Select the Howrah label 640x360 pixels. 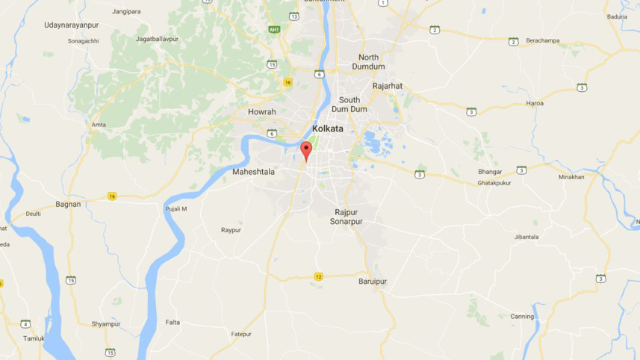point(262,112)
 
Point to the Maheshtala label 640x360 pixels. point(253,172)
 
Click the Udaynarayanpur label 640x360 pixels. point(72,25)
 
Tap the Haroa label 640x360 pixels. point(535,102)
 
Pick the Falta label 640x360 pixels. point(173,322)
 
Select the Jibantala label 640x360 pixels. point(526,237)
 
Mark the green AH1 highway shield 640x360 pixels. point(274,30)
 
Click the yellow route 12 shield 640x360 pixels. point(319,276)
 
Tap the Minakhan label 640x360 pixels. point(571,177)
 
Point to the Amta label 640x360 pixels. point(98,125)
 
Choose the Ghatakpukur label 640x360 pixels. point(494,182)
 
